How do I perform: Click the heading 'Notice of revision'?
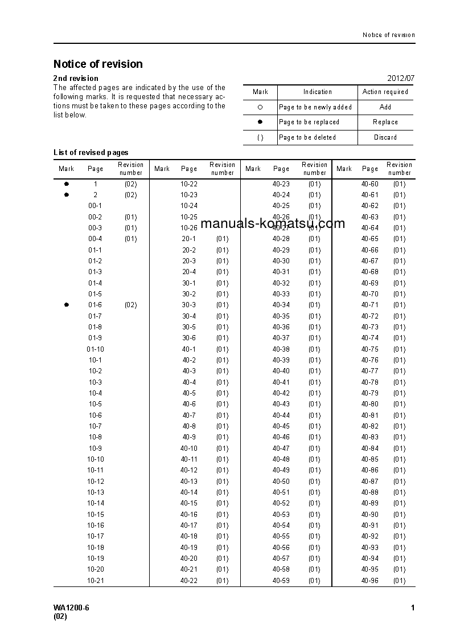(x=98, y=64)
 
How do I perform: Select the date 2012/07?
(x=401, y=78)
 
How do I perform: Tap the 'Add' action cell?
(x=385, y=107)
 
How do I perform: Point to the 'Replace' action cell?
(x=385, y=122)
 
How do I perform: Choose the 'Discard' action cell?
(x=385, y=137)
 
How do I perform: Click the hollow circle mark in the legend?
(x=260, y=107)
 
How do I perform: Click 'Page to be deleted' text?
(x=307, y=137)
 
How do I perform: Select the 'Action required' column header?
(x=385, y=92)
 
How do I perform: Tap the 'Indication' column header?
(x=317, y=92)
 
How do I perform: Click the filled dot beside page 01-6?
(x=66, y=305)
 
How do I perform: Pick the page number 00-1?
(x=95, y=206)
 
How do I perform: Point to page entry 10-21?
(x=95, y=581)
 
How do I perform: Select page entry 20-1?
(x=189, y=239)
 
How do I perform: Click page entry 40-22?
(x=189, y=581)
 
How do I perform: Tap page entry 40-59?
(x=281, y=581)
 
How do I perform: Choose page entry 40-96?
(x=369, y=581)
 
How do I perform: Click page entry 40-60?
(x=369, y=184)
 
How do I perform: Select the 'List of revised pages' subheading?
(x=91, y=152)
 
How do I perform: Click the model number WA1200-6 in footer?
(x=71, y=608)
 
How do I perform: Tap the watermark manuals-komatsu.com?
(x=273, y=223)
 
